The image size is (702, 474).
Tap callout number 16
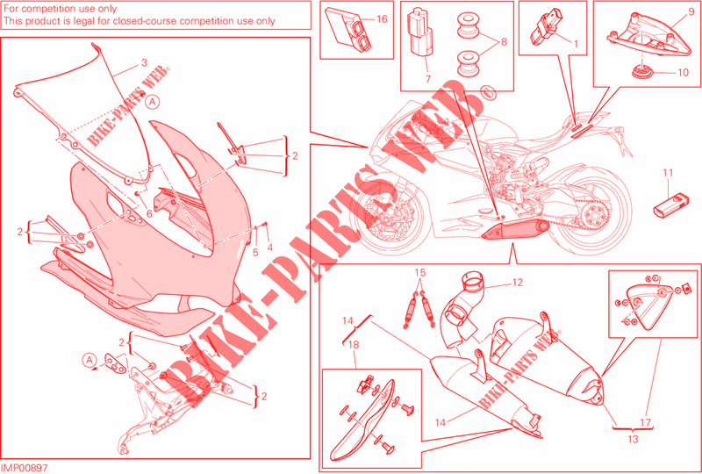point(381,19)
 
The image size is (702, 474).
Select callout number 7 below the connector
point(427,79)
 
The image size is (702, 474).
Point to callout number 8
point(504,42)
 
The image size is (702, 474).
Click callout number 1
point(576,44)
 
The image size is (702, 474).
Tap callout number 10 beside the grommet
point(683,72)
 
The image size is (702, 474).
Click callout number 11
point(668,173)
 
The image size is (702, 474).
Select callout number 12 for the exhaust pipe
point(517,284)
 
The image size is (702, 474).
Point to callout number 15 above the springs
point(419,272)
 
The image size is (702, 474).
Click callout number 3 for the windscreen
point(144,63)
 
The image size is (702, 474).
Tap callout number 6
point(148,214)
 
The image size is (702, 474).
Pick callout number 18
point(355,344)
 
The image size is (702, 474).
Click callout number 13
point(633,440)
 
